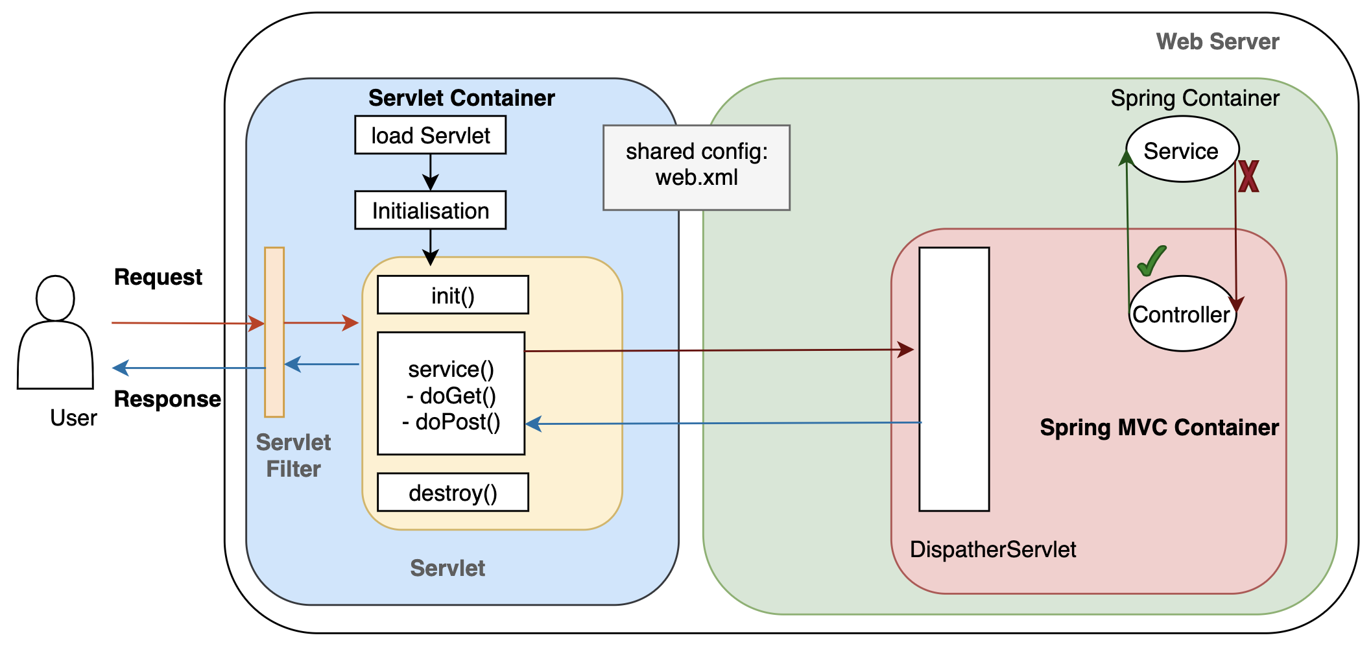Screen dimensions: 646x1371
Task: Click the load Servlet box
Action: click(430, 135)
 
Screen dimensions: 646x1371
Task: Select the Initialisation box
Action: click(430, 210)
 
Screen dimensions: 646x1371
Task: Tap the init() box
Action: click(453, 295)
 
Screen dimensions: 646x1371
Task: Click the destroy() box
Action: click(453, 492)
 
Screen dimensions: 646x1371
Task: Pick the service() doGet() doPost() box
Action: click(451, 394)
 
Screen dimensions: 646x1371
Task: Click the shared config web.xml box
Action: click(696, 167)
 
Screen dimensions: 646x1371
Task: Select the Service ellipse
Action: click(1182, 150)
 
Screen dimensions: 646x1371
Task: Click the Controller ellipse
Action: click(1182, 314)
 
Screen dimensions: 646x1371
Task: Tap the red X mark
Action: click(1248, 176)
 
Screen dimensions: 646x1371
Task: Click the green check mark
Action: click(1152, 261)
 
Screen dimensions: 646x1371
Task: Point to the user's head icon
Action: click(55, 298)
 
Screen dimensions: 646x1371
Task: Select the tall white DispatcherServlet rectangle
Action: click(954, 379)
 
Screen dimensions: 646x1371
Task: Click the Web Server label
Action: click(1217, 42)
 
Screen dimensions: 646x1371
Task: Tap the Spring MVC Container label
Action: click(1159, 427)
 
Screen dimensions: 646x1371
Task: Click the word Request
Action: click(158, 277)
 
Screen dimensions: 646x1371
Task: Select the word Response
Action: click(167, 399)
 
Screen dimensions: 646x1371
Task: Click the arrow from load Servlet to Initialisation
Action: click(430, 173)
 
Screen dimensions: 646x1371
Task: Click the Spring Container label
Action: click(1195, 98)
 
